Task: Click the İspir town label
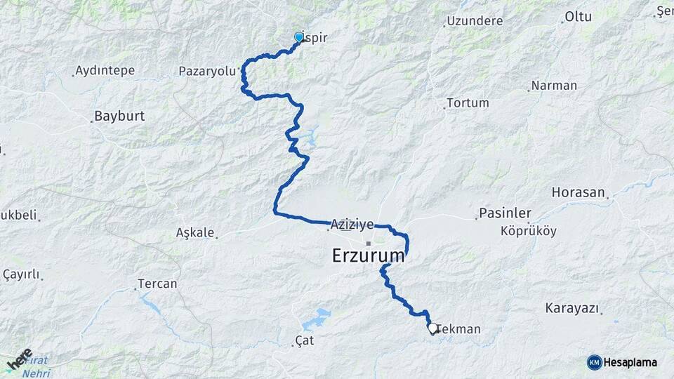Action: click(x=316, y=38)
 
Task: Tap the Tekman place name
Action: click(x=459, y=329)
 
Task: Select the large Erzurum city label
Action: click(x=369, y=256)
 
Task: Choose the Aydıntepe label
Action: click(x=105, y=70)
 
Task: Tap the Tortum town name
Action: click(x=468, y=102)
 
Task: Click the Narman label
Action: click(x=555, y=86)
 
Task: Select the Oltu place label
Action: click(x=579, y=16)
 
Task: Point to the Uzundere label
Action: click(x=474, y=22)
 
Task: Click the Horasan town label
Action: click(x=578, y=192)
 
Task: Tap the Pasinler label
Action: click(x=504, y=213)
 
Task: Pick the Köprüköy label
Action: click(x=528, y=230)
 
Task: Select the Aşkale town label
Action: click(x=194, y=232)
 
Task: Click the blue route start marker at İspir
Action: click(x=298, y=36)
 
